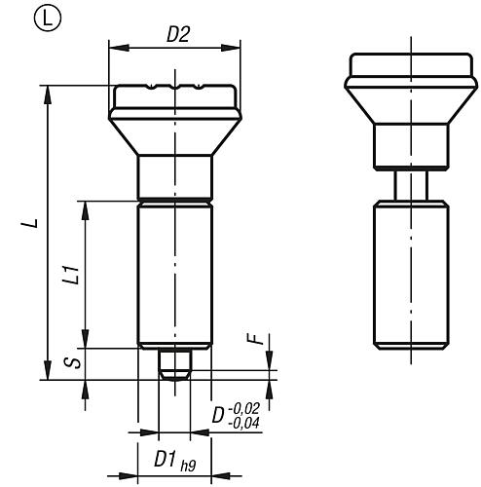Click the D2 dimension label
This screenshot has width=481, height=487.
(x=177, y=34)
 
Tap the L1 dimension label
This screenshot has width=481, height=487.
(x=71, y=276)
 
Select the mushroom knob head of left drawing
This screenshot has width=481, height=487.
(x=174, y=112)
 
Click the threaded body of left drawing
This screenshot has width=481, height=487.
(x=174, y=273)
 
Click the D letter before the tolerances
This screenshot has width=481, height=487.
(x=218, y=416)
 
